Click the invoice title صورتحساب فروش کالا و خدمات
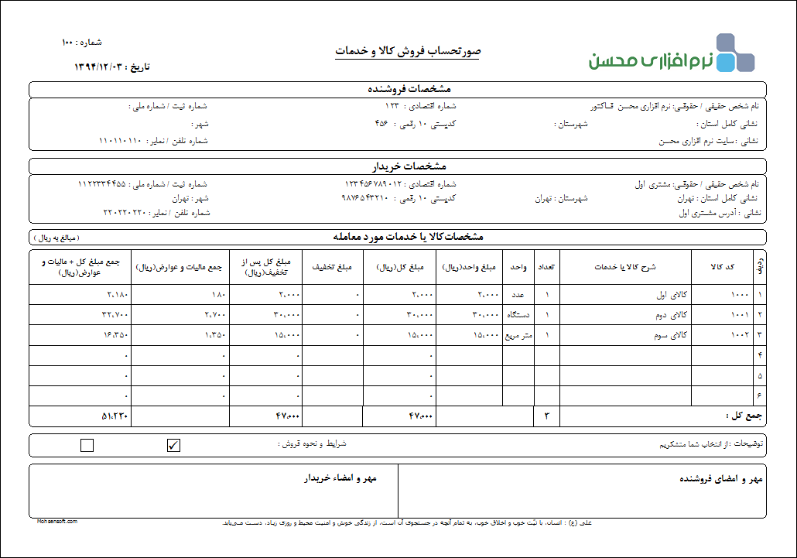tap(407, 52)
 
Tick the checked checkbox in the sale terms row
tap(174, 444)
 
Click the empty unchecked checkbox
tap(87, 444)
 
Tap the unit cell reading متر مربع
tap(518, 335)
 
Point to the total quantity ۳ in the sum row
tap(546, 416)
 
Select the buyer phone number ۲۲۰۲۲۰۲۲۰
tap(125, 212)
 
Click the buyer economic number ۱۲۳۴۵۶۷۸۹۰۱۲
tap(373, 184)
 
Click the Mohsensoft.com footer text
tap(56, 522)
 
